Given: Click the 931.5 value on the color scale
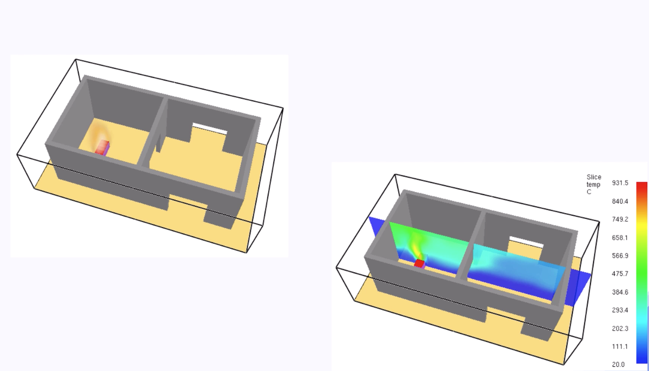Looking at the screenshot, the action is click(x=620, y=183).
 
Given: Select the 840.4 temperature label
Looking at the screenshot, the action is click(x=620, y=201).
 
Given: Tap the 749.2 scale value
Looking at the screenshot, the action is click(x=620, y=220).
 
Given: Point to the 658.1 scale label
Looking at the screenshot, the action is click(x=620, y=238).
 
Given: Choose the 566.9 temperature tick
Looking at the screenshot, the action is click(x=620, y=256).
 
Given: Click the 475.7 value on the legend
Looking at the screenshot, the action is click(x=620, y=274).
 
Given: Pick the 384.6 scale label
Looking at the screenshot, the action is click(x=620, y=292).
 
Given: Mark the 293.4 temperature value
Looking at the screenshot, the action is click(x=620, y=310).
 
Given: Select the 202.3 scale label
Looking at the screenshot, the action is click(x=620, y=329).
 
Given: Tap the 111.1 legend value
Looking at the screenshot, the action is click(x=620, y=347).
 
